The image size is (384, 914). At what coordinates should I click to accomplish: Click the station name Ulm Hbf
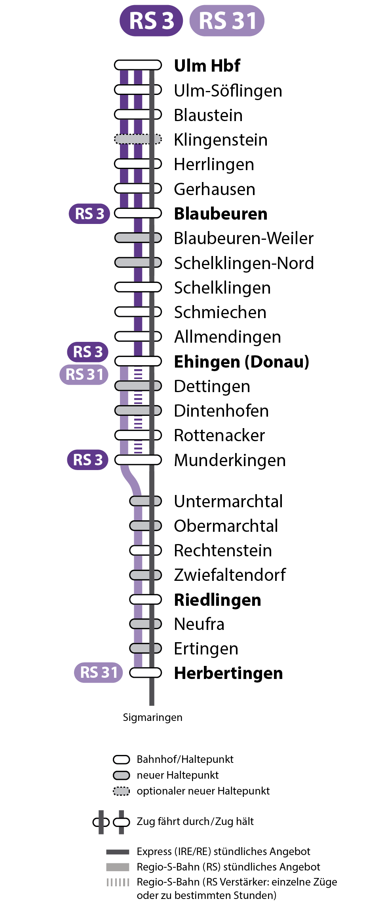pyautogui.click(x=207, y=66)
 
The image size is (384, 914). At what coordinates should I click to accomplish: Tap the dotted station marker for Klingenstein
pyautogui.click(x=138, y=139)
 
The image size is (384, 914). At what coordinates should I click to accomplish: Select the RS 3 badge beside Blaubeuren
pyautogui.click(x=89, y=214)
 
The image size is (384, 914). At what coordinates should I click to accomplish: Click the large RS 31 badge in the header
pyautogui.click(x=227, y=21)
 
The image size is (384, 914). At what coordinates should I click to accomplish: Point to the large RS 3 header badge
pyautogui.click(x=151, y=21)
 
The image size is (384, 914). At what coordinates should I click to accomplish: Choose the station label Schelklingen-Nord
pyautogui.click(x=244, y=263)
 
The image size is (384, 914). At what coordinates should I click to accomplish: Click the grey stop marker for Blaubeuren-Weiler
pyautogui.click(x=138, y=238)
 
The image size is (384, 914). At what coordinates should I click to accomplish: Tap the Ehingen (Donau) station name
pyautogui.click(x=241, y=362)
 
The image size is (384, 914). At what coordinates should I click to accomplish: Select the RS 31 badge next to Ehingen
pyautogui.click(x=84, y=374)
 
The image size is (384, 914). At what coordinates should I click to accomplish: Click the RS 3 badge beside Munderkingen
pyautogui.click(x=88, y=460)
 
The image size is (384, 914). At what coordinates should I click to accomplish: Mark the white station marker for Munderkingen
pyautogui.click(x=138, y=460)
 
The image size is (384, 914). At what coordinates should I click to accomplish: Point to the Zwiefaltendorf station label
pyautogui.click(x=230, y=575)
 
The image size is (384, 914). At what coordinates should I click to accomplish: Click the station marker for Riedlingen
pyautogui.click(x=145, y=599)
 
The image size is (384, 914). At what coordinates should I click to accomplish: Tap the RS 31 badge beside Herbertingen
pyautogui.click(x=99, y=672)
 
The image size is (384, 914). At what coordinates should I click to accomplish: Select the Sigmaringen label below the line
pyautogui.click(x=152, y=717)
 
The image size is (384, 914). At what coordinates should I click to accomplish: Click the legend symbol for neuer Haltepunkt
pyautogui.click(x=122, y=775)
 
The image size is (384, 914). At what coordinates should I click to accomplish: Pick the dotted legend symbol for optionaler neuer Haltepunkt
pyautogui.click(x=122, y=791)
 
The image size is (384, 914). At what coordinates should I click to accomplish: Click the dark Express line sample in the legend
pyautogui.click(x=118, y=851)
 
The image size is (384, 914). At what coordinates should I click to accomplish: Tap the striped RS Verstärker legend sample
pyautogui.click(x=118, y=882)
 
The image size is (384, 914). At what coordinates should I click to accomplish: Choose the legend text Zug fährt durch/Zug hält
pyautogui.click(x=195, y=821)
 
